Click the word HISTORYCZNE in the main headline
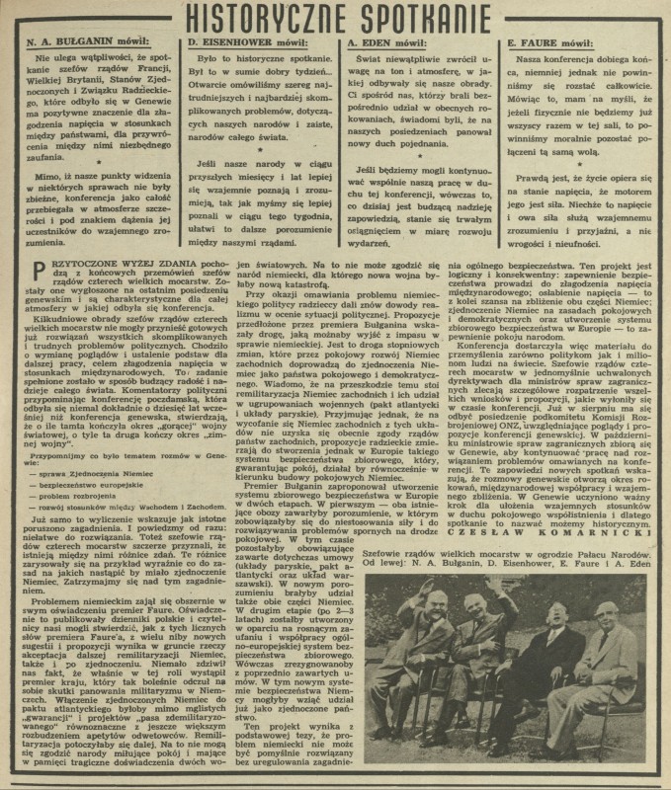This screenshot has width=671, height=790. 261,19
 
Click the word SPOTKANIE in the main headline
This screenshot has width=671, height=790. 428,19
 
